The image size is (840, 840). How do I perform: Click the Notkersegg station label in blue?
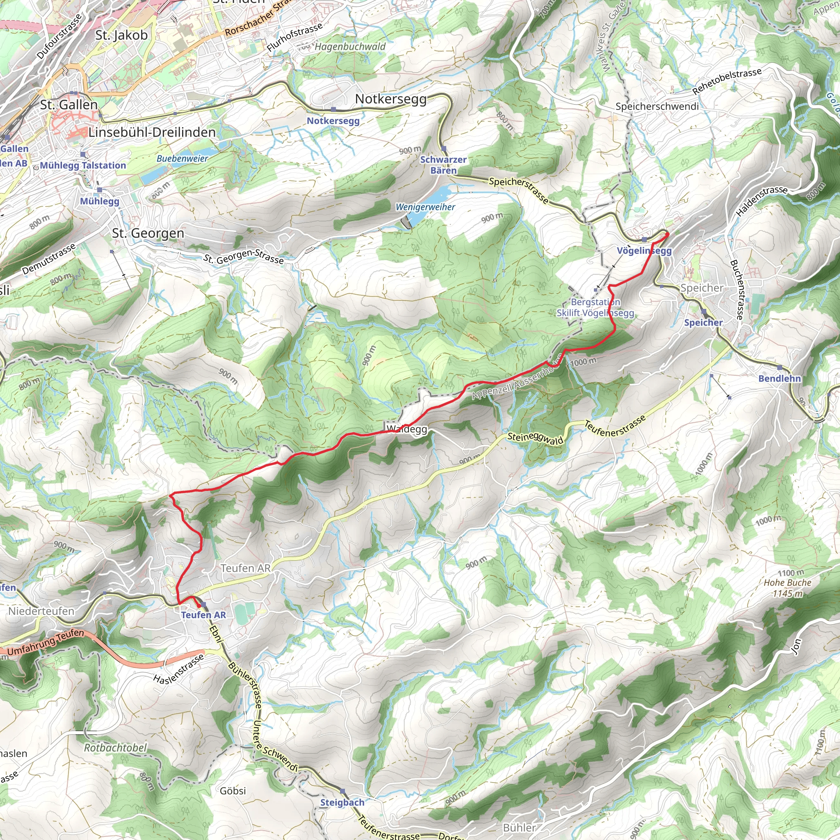333,121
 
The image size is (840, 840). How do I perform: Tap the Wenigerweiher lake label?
425,208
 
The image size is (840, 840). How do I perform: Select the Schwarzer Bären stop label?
443,165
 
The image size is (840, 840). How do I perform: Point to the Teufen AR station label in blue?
203,615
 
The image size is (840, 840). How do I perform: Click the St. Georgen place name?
148,233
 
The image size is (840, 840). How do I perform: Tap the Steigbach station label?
342,803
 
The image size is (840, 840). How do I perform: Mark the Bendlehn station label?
780,379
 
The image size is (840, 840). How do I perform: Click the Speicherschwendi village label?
657,107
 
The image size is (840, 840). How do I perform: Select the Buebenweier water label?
182,159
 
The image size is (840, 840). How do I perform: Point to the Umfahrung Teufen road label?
46,643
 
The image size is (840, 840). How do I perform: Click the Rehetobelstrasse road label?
727,81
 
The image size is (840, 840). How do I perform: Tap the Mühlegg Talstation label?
82,166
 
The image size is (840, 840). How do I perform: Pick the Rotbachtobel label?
115,748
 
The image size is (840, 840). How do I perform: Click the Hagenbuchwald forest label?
350,46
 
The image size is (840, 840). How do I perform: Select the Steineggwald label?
535,438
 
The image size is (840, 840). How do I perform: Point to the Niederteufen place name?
41,611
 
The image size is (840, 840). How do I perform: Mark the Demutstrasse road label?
49,259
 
